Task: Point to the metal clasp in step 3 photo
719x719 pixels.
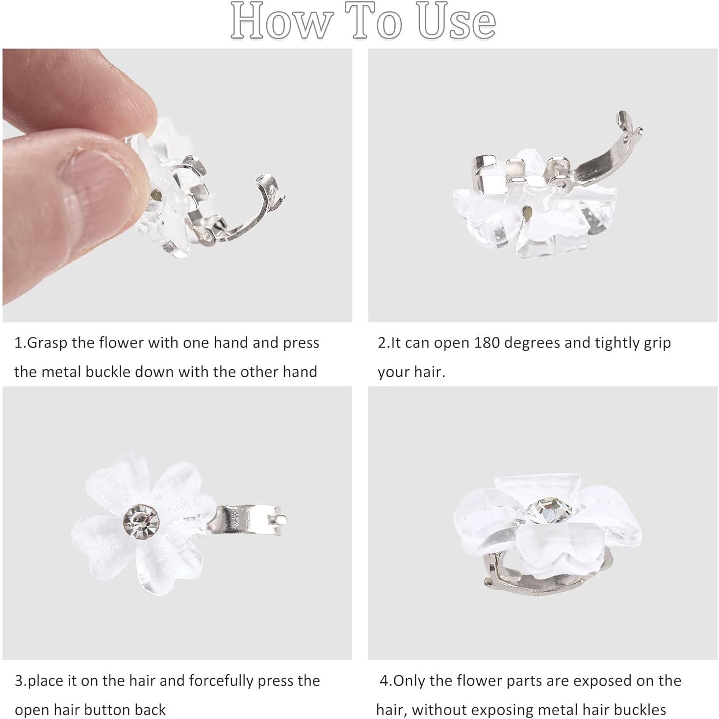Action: (x=248, y=520)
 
